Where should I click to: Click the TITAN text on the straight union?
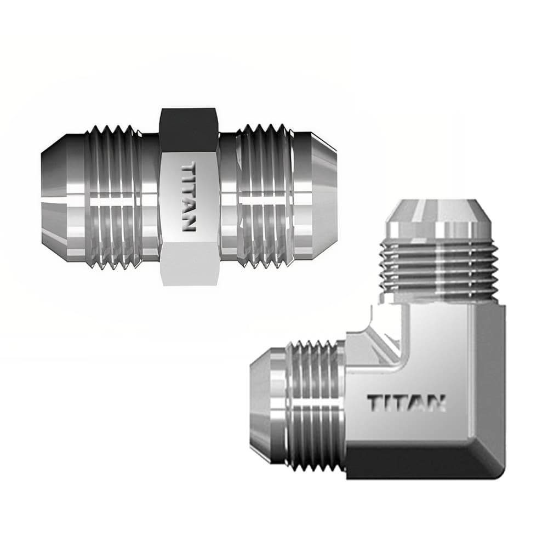point(188,196)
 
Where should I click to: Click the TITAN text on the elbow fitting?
point(406,403)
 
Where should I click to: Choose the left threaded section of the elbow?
point(315,406)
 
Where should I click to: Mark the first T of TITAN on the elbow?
point(375,403)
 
